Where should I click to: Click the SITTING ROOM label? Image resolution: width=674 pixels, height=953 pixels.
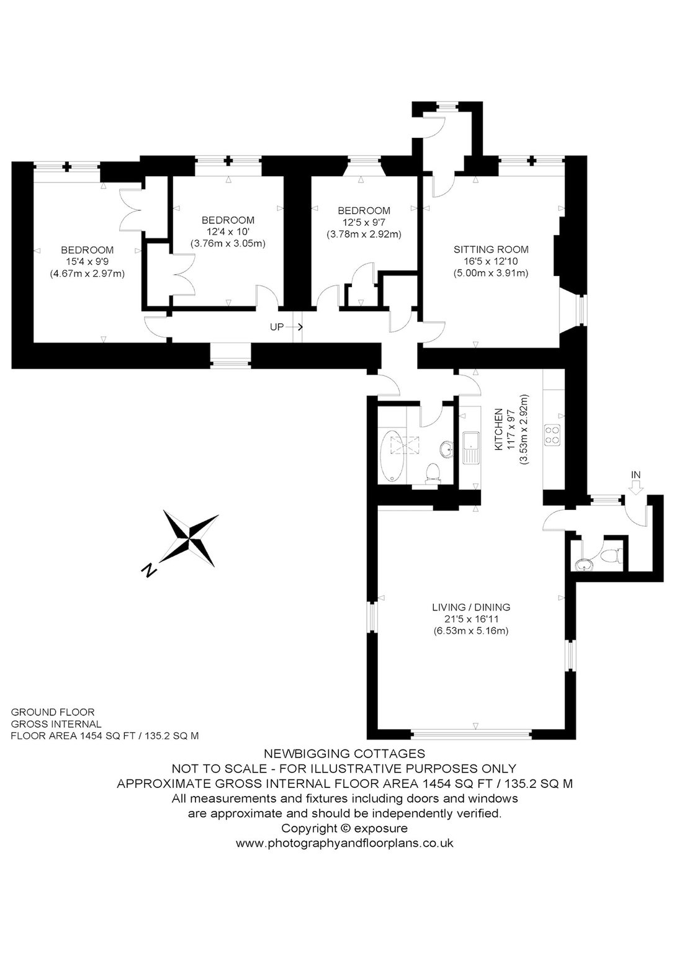tap(491, 250)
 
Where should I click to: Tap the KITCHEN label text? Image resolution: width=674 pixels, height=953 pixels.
tap(499, 429)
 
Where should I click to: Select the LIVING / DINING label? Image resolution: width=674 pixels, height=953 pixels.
tap(471, 607)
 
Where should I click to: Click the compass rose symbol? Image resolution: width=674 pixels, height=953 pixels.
tap(190, 539)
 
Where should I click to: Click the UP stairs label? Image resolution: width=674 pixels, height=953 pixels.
tap(277, 327)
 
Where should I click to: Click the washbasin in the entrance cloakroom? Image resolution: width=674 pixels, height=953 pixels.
tap(582, 565)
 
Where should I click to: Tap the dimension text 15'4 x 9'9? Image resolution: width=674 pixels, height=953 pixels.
tap(88, 262)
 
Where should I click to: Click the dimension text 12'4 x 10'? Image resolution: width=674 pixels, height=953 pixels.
tap(228, 232)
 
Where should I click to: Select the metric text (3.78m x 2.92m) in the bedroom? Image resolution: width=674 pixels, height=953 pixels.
tap(364, 234)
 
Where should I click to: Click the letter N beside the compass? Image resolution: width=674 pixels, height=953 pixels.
tap(150, 571)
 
